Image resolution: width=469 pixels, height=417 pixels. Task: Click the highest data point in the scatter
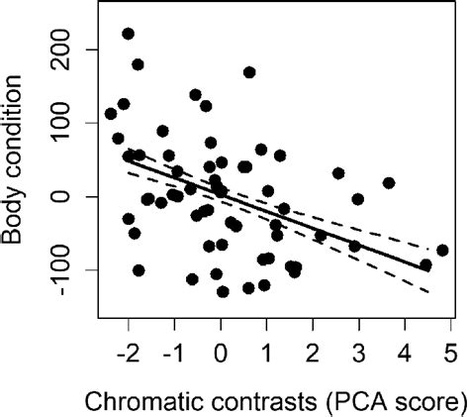(x=128, y=34)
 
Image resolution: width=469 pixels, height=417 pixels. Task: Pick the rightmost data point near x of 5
(x=442, y=251)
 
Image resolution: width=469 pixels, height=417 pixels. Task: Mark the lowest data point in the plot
(x=223, y=291)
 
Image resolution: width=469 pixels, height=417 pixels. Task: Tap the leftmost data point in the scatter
(x=111, y=114)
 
